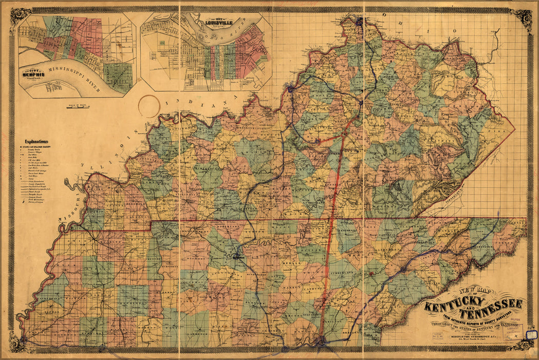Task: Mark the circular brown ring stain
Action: coord(149,105)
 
